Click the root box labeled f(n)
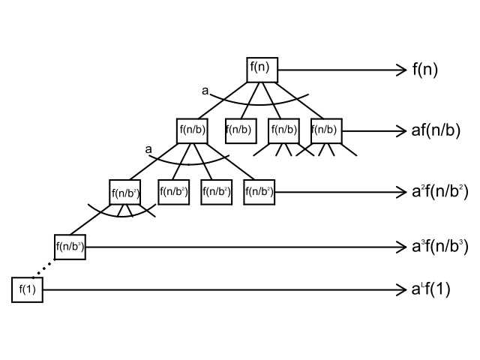(x=262, y=70)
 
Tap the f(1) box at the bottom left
(x=27, y=289)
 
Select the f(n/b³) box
(x=70, y=246)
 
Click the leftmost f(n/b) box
(x=192, y=130)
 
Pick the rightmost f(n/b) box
(x=326, y=130)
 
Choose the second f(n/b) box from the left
(x=241, y=130)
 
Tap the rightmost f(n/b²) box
(x=259, y=191)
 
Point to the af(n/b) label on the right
(x=435, y=130)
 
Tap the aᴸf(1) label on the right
(x=430, y=289)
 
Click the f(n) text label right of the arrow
(x=424, y=70)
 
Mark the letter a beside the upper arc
(x=205, y=91)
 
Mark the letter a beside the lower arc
(x=148, y=149)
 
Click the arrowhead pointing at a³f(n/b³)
(x=401, y=246)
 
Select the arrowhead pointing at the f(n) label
(x=401, y=70)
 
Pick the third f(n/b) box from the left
(x=283, y=130)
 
